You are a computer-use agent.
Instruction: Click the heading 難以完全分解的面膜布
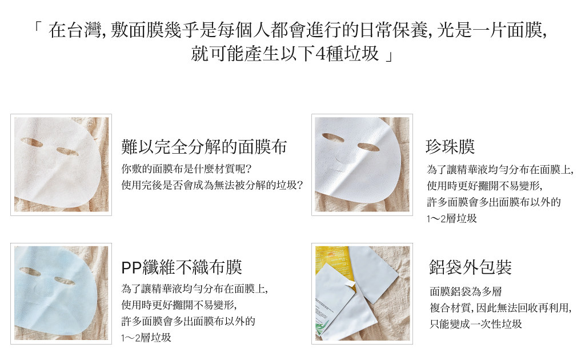204,147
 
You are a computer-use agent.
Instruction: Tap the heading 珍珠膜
450,147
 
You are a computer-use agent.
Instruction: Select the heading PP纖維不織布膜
182,267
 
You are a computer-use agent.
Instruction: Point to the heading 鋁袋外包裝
471,267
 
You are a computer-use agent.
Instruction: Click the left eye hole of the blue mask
30,271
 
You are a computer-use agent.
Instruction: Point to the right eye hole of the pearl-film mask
368,147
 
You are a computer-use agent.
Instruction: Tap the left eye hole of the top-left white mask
31,142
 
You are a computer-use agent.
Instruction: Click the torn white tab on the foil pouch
349,285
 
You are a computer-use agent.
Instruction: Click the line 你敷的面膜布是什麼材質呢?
187,169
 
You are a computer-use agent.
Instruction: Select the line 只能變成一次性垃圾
476,324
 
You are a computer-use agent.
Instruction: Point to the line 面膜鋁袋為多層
466,291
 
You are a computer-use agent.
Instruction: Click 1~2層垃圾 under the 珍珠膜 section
452,218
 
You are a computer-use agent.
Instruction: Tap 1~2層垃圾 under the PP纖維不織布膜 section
146,338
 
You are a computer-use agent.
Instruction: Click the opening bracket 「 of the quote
37,27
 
